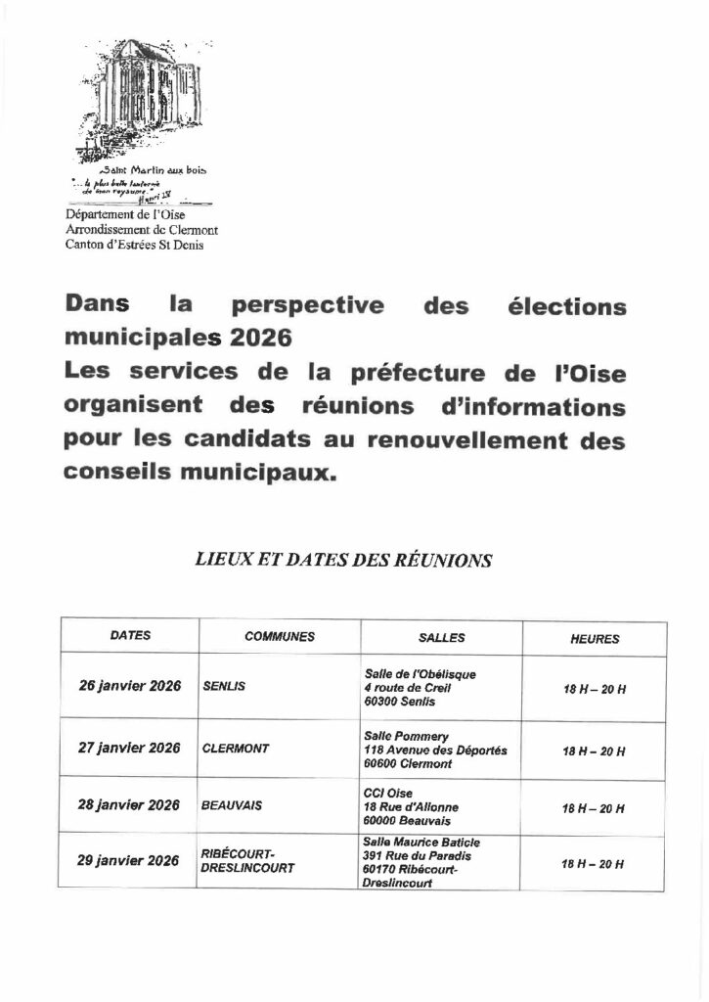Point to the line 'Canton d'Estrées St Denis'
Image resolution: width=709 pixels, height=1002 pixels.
coord(134,245)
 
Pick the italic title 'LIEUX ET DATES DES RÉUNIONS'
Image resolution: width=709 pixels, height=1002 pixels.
coord(343,560)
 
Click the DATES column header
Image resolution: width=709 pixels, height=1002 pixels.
coord(130,635)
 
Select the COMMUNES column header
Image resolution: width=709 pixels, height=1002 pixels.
coord(280,636)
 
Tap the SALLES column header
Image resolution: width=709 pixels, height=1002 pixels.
coord(442,637)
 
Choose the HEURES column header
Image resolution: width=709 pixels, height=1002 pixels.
coord(595,638)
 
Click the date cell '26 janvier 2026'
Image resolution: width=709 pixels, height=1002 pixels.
coord(130,686)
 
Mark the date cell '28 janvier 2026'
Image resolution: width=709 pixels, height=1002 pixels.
coord(129,805)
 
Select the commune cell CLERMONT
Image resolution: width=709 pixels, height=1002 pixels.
coord(235,749)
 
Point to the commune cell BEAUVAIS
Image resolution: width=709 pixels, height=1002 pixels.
coord(231,806)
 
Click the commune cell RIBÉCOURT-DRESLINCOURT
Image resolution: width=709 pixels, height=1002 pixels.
coord(247,860)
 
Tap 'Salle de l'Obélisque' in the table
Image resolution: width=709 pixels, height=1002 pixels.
coord(420,673)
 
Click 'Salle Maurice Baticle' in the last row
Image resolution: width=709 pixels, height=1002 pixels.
coord(421,842)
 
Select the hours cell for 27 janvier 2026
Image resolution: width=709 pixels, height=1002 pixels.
coord(595,751)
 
